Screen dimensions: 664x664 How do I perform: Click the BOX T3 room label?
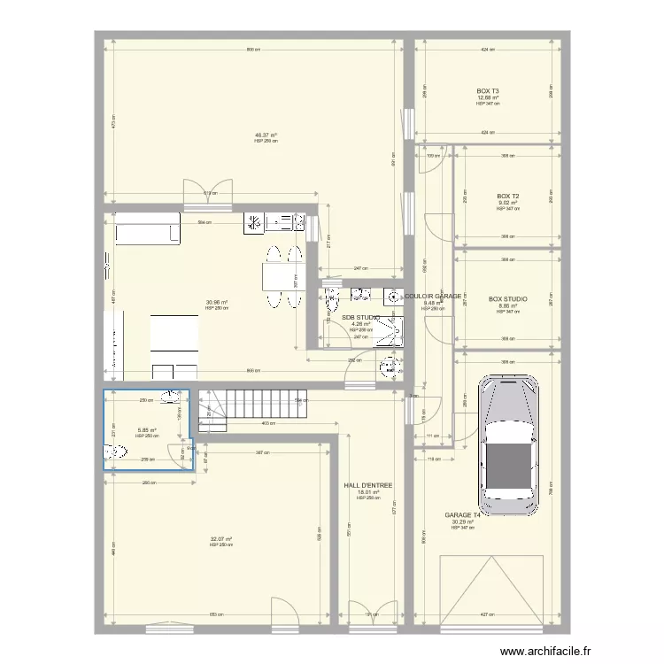click(x=488, y=91)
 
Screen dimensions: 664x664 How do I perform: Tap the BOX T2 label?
click(x=508, y=197)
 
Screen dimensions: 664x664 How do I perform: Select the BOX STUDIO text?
click(x=508, y=299)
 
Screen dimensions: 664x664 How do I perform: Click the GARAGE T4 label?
click(x=462, y=515)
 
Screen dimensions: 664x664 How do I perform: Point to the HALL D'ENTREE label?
click(x=367, y=485)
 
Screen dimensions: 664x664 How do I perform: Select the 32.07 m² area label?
click(x=221, y=539)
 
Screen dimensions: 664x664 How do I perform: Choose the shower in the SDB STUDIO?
click(x=387, y=333)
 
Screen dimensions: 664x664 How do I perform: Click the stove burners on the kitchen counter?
click(x=253, y=221)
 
